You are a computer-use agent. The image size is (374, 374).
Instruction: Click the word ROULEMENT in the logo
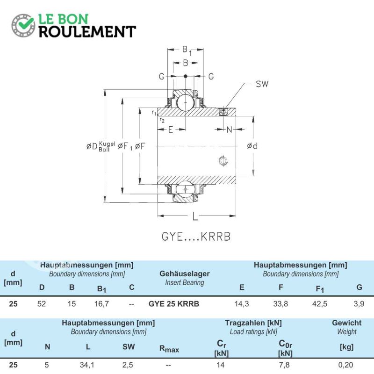coord(87,32)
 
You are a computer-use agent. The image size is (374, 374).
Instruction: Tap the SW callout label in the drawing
coord(262,84)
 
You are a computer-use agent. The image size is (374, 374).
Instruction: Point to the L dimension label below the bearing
coord(195,216)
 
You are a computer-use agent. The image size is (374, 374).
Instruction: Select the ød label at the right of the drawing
coord(252,146)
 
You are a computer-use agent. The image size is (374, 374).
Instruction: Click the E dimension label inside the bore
coord(171,129)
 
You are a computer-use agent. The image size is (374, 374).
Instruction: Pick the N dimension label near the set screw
coord(229,129)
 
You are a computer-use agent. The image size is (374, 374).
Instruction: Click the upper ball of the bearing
coord(186,102)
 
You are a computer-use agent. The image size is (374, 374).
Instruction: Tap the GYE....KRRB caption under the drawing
coord(196,237)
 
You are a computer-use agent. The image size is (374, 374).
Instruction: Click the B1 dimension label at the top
coord(187,50)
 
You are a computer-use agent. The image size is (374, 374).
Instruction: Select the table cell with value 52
coord(42,303)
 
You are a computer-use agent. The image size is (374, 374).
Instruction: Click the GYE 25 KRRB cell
coord(173,303)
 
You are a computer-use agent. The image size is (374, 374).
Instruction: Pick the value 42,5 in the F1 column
coord(320,303)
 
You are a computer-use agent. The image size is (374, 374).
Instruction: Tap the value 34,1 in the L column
coord(87,365)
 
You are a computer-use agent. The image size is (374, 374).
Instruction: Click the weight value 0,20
coord(345,365)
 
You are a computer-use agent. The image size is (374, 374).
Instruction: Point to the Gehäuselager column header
coord(184,273)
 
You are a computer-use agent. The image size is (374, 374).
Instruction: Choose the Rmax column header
coord(169,349)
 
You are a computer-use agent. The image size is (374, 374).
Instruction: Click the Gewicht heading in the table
coord(346,323)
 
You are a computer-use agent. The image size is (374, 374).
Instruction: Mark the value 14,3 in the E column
coord(242,303)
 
